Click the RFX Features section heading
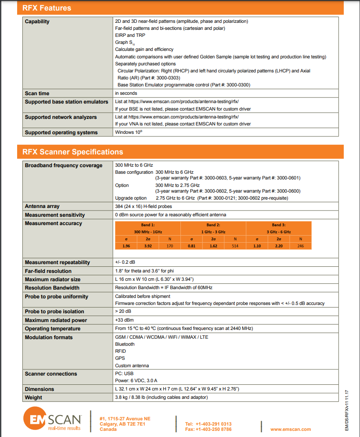tap(47, 8)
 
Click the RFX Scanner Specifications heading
tap(73, 152)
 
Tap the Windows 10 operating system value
tap(129, 132)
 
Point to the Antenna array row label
tap(42, 206)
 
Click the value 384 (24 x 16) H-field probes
tap(143, 206)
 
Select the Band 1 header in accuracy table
tap(148, 228)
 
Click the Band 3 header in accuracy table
tap(278, 228)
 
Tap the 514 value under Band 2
tap(235, 246)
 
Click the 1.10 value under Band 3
tap(257, 246)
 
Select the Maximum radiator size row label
tap(53, 279)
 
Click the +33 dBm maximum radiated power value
tap(124, 320)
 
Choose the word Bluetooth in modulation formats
tap(125, 344)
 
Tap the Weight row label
tap(34, 398)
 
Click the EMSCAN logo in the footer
tap(52, 420)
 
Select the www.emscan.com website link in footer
tap(291, 429)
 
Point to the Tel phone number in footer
tap(208, 424)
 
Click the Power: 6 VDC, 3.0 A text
tap(136, 380)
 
